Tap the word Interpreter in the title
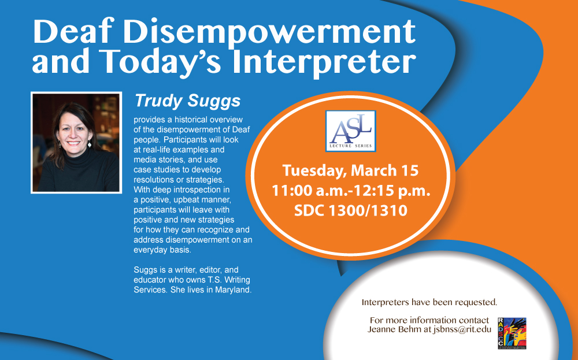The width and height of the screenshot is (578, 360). tap(324, 62)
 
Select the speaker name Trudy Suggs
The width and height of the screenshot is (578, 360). tap(188, 101)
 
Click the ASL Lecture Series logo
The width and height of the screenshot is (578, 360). tap(351, 131)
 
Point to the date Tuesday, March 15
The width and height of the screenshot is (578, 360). tap(351, 170)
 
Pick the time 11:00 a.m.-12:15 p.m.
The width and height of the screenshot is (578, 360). tap(351, 191)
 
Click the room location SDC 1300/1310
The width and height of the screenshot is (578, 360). tap(351, 211)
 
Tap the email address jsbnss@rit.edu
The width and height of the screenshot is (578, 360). tap(462, 329)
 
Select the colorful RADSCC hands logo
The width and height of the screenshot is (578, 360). tap(512, 333)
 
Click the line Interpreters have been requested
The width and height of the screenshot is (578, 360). tap(429, 303)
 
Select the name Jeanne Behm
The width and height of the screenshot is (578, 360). tap(394, 329)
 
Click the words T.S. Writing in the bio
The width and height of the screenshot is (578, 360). tap(229, 280)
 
